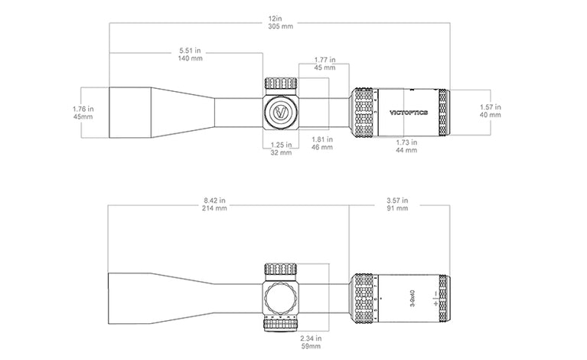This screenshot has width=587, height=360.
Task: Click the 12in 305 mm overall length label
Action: click(x=280, y=22)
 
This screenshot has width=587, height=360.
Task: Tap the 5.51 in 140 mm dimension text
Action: click(x=190, y=54)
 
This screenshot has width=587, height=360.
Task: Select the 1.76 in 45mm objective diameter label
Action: click(x=83, y=113)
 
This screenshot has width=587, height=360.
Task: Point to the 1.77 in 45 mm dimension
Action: click(x=324, y=64)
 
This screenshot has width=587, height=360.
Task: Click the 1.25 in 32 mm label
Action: click(x=281, y=149)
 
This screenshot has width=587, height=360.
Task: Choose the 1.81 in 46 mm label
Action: click(x=322, y=143)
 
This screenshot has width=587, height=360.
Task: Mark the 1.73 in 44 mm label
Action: click(x=406, y=146)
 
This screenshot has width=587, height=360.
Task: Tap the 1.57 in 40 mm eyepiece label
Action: click(x=491, y=111)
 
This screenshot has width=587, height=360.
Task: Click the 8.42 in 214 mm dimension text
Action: click(x=214, y=205)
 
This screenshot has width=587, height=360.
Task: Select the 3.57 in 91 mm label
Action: click(x=397, y=205)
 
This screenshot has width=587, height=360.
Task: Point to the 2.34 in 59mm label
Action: click(x=311, y=342)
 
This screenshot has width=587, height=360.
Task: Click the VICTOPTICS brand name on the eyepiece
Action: click(x=409, y=113)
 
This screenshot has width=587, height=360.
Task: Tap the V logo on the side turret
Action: click(x=281, y=112)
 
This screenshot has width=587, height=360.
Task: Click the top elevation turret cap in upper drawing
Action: click(x=281, y=83)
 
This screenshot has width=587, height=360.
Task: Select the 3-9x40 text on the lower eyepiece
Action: click(x=413, y=298)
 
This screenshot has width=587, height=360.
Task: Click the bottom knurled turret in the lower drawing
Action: click(x=280, y=324)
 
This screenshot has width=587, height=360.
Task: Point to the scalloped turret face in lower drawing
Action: click(x=280, y=299)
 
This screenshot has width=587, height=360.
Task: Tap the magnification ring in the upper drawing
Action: click(x=364, y=113)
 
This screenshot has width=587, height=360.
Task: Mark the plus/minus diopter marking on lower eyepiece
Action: click(x=435, y=298)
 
